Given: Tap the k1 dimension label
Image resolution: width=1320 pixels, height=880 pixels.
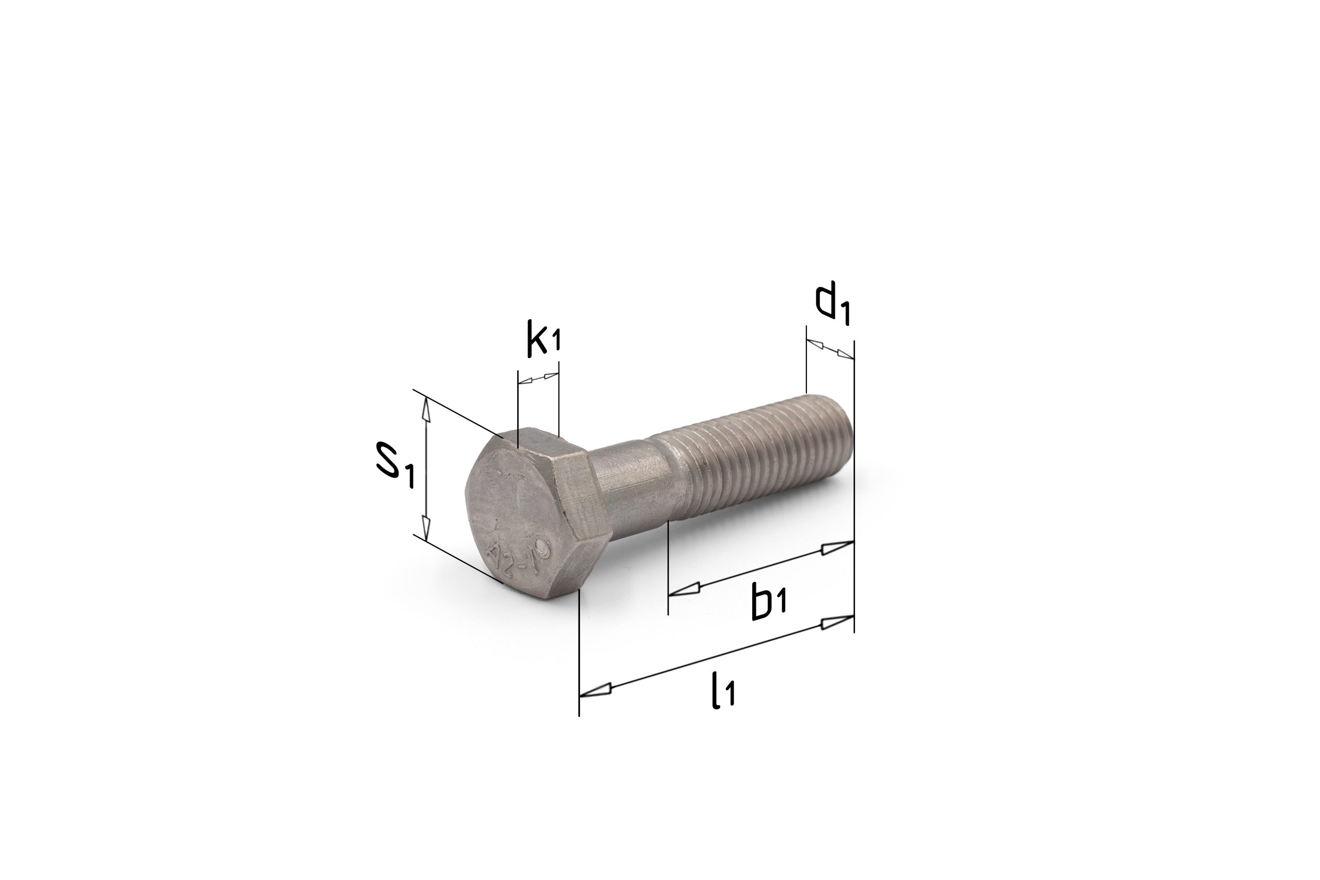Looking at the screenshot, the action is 544,338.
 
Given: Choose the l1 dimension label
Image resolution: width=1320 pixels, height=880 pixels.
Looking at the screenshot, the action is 723,691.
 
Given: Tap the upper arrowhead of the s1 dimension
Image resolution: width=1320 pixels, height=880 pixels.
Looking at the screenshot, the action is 426,409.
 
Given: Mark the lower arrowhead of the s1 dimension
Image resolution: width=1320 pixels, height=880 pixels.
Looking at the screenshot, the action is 426,529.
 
